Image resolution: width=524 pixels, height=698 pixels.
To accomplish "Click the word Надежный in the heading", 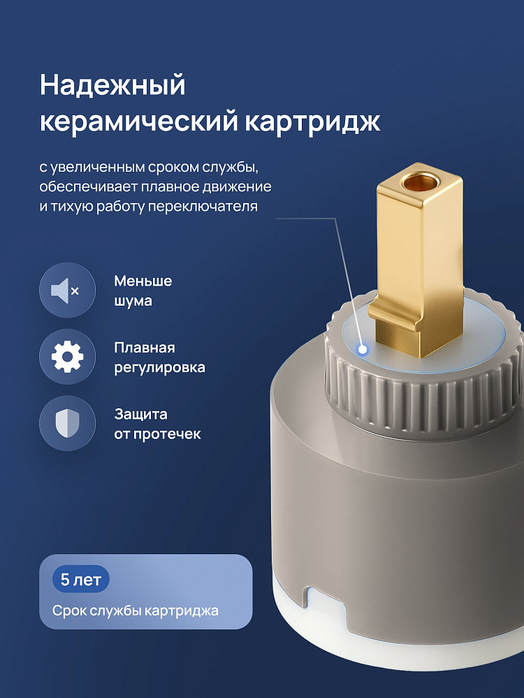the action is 112,86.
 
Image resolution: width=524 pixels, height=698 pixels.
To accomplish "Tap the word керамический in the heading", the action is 138,121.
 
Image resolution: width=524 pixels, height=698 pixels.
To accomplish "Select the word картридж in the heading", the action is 312,121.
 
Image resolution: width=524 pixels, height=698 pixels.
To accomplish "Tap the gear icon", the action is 67,357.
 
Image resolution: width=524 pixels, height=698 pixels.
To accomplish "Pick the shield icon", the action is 67,424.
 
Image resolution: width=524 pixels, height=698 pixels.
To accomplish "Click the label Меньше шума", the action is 143,290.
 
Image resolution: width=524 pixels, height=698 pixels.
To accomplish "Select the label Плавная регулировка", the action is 159,357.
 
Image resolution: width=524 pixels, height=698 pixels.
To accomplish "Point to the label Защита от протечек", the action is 157,424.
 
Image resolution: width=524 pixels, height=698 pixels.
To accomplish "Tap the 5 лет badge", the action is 80,579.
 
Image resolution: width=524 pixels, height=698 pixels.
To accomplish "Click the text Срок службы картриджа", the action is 136,610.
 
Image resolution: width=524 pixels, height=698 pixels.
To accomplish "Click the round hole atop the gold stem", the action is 419,181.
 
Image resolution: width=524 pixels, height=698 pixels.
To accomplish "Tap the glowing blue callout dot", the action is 363,350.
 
